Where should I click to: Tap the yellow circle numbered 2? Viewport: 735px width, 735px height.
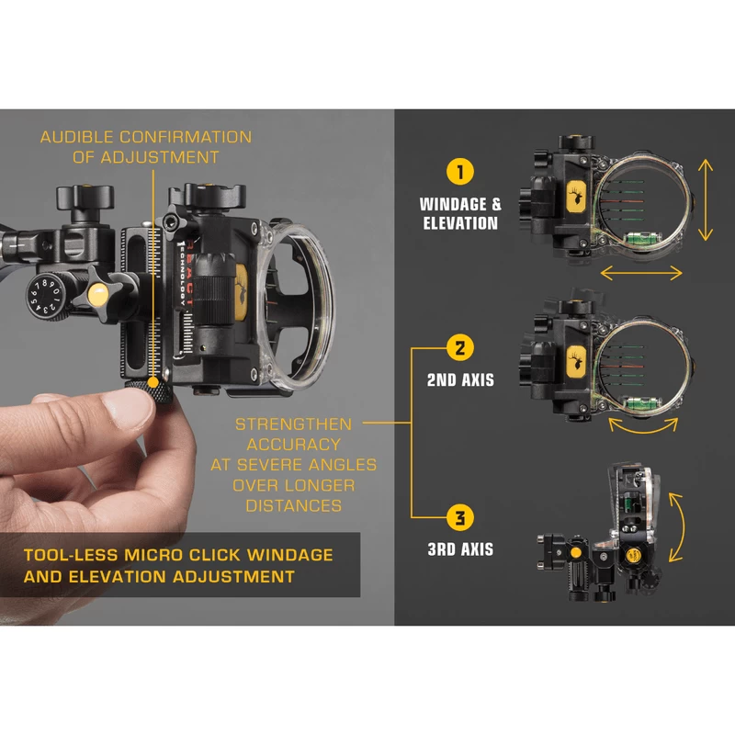(x=458, y=348)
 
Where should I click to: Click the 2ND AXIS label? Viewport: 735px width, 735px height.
(x=458, y=379)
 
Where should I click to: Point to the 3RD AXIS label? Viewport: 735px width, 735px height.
(x=458, y=549)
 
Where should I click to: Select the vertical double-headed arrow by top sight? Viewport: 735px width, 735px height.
(x=704, y=198)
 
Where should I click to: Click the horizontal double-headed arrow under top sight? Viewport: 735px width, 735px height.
(x=641, y=273)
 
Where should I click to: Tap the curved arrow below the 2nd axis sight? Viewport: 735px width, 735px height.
(x=643, y=426)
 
